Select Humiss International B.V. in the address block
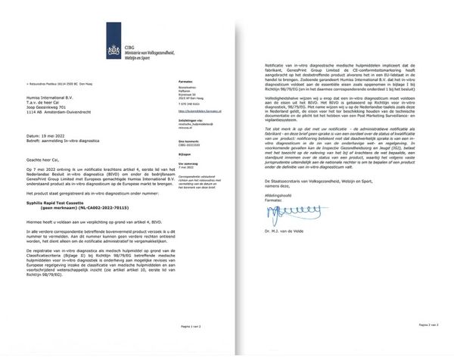click(x=60, y=98)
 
